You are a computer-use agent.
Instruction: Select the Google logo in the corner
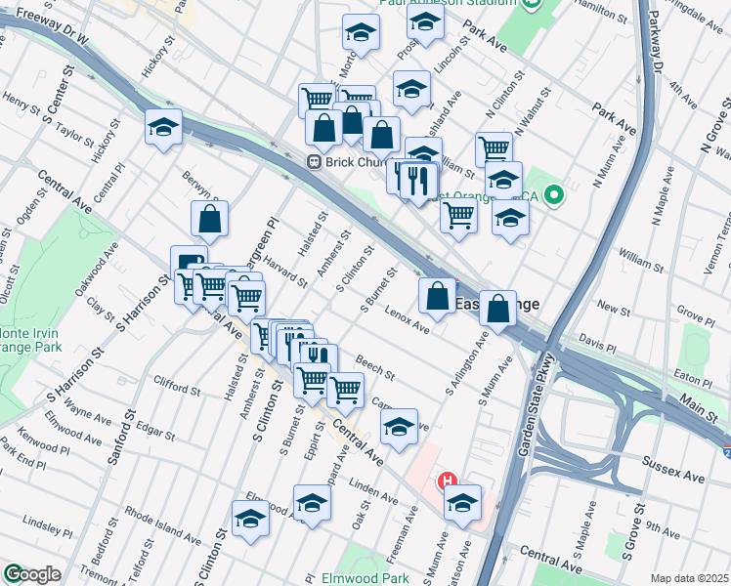(31, 574)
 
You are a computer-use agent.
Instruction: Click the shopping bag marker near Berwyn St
(210, 221)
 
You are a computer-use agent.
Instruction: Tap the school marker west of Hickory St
(163, 128)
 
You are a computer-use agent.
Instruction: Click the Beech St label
(375, 368)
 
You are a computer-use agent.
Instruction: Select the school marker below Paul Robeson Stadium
(361, 35)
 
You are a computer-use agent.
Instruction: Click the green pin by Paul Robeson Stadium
(532, 4)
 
